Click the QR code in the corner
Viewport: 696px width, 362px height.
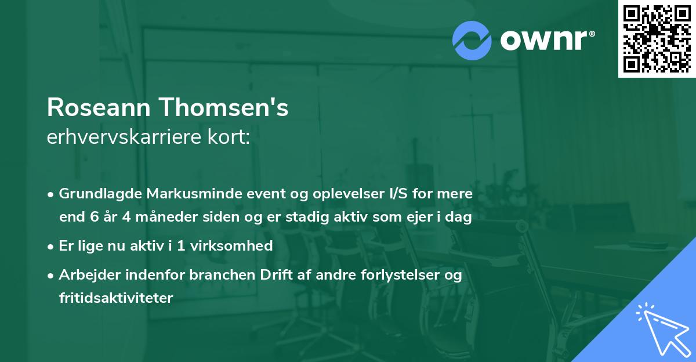(657, 39)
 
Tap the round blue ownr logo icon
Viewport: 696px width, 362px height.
(472, 41)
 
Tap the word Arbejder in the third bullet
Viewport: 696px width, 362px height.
(87, 274)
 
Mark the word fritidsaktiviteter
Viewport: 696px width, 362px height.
(116, 298)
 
